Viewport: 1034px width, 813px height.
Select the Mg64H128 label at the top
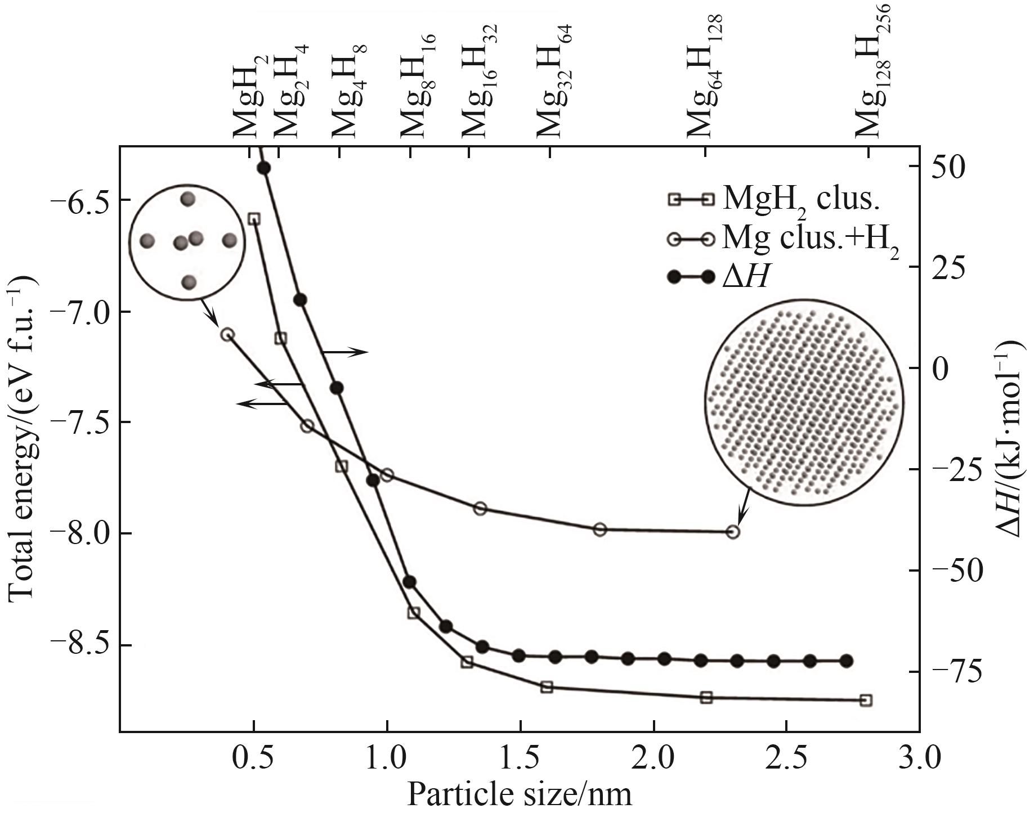click(704, 79)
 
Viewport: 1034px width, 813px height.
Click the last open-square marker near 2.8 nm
click(866, 700)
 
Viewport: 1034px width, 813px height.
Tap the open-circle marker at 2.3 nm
click(732, 532)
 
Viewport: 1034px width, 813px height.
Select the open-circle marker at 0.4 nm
click(227, 334)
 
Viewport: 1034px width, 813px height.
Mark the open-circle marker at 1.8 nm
click(600, 529)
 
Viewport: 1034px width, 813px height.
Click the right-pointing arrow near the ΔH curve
click(345, 352)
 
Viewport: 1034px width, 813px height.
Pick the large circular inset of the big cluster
click(804, 402)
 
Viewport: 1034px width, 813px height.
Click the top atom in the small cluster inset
click(187, 199)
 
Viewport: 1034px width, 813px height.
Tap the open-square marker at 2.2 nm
click(706, 698)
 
